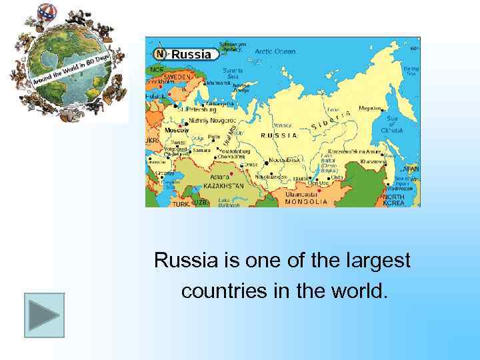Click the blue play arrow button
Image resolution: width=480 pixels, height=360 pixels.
44,315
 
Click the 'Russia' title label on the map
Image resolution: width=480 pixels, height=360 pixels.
191,55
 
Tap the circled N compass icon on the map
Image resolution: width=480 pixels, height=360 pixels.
160,54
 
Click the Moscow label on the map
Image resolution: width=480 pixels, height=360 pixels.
177,130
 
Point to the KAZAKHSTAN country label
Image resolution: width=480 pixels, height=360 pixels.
223,185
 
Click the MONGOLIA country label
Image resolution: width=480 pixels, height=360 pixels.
306,201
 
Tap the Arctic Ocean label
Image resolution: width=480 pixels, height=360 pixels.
275,51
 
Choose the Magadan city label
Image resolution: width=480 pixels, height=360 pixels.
370,108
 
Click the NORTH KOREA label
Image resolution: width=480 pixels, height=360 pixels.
394,200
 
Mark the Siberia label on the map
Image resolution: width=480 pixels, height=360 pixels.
331,121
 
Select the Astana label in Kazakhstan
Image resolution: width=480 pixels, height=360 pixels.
220,177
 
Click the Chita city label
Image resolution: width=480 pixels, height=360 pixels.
337,178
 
